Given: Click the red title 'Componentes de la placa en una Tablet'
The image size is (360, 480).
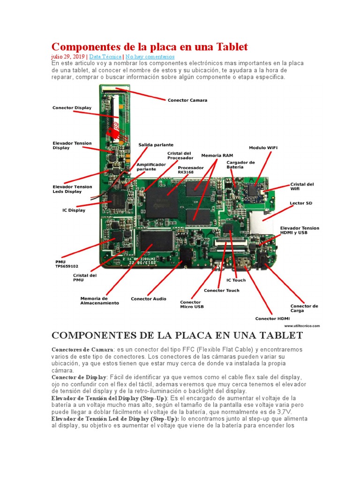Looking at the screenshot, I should pos(149,47).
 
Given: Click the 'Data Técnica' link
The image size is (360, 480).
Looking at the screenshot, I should pos(106,56).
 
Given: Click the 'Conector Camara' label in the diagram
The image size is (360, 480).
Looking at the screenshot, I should pos(187,100).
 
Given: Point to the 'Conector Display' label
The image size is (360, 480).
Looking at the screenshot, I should pos(72,108).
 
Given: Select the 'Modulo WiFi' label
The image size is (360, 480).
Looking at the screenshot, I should pos(262,148).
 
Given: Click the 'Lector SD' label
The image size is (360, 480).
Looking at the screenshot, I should pos(301,203).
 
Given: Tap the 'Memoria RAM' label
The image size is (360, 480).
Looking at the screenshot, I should pos(217,155).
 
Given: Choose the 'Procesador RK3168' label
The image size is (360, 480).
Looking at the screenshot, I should pos(191,170).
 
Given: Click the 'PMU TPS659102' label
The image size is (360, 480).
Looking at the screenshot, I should pos(67,264).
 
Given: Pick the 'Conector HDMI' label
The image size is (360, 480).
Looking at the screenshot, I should pos(272,319).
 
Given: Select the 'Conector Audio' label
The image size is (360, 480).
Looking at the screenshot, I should pos(148,299).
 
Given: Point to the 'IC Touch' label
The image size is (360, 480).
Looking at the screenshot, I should pos(236,280).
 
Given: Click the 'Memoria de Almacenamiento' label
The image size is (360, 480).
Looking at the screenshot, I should pos(99,300).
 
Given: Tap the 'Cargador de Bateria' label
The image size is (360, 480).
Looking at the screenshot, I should pos(240,165).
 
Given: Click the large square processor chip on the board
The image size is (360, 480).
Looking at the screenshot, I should pos(162,202).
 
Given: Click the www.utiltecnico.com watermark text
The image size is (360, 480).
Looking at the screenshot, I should pos(302,325).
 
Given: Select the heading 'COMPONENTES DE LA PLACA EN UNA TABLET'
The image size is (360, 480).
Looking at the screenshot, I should pos(177,336).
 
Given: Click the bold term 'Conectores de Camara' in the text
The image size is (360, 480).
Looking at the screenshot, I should pos(82,350).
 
